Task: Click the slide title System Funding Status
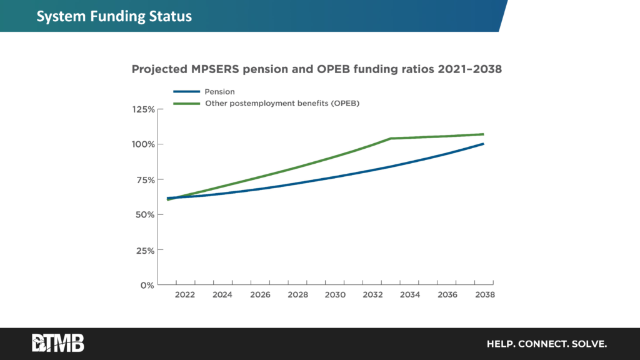point(114,16)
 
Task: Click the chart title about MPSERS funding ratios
point(316,70)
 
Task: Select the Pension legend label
point(220,92)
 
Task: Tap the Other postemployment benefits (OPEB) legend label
point(282,103)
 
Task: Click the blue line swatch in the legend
point(186,92)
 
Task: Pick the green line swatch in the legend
point(186,104)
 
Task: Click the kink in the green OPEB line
point(391,138)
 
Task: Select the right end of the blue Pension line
point(483,144)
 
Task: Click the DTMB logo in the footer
point(58,343)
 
